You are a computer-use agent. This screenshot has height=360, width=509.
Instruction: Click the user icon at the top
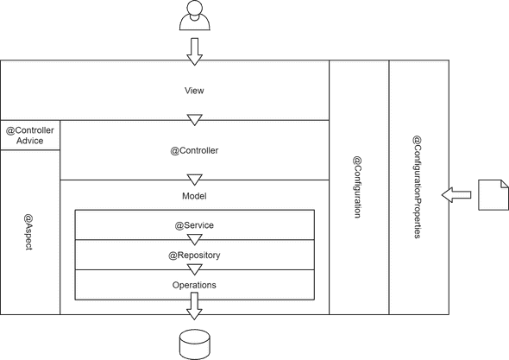194,16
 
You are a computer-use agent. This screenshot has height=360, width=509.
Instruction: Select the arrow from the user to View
194,49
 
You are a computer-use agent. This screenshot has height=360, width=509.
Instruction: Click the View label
194,90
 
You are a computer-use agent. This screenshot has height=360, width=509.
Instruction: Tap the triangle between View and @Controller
194,119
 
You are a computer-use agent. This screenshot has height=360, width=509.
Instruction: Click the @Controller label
194,150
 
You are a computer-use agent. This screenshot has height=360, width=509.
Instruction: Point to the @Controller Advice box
30,136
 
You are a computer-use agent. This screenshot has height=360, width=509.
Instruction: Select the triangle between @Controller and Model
194,180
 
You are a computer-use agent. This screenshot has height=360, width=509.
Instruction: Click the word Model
194,196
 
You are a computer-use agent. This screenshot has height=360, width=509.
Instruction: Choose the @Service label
194,225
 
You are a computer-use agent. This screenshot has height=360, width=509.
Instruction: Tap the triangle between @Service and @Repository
194,239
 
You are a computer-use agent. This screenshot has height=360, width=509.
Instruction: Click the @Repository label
194,255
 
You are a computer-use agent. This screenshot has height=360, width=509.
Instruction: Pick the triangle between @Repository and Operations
194,269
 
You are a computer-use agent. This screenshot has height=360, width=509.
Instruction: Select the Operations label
194,284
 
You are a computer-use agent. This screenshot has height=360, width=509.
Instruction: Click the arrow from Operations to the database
194,306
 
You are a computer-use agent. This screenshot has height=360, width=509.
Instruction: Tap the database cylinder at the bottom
194,344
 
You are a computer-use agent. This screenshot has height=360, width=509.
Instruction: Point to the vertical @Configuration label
357,187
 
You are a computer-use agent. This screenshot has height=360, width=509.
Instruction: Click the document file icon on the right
493,194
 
